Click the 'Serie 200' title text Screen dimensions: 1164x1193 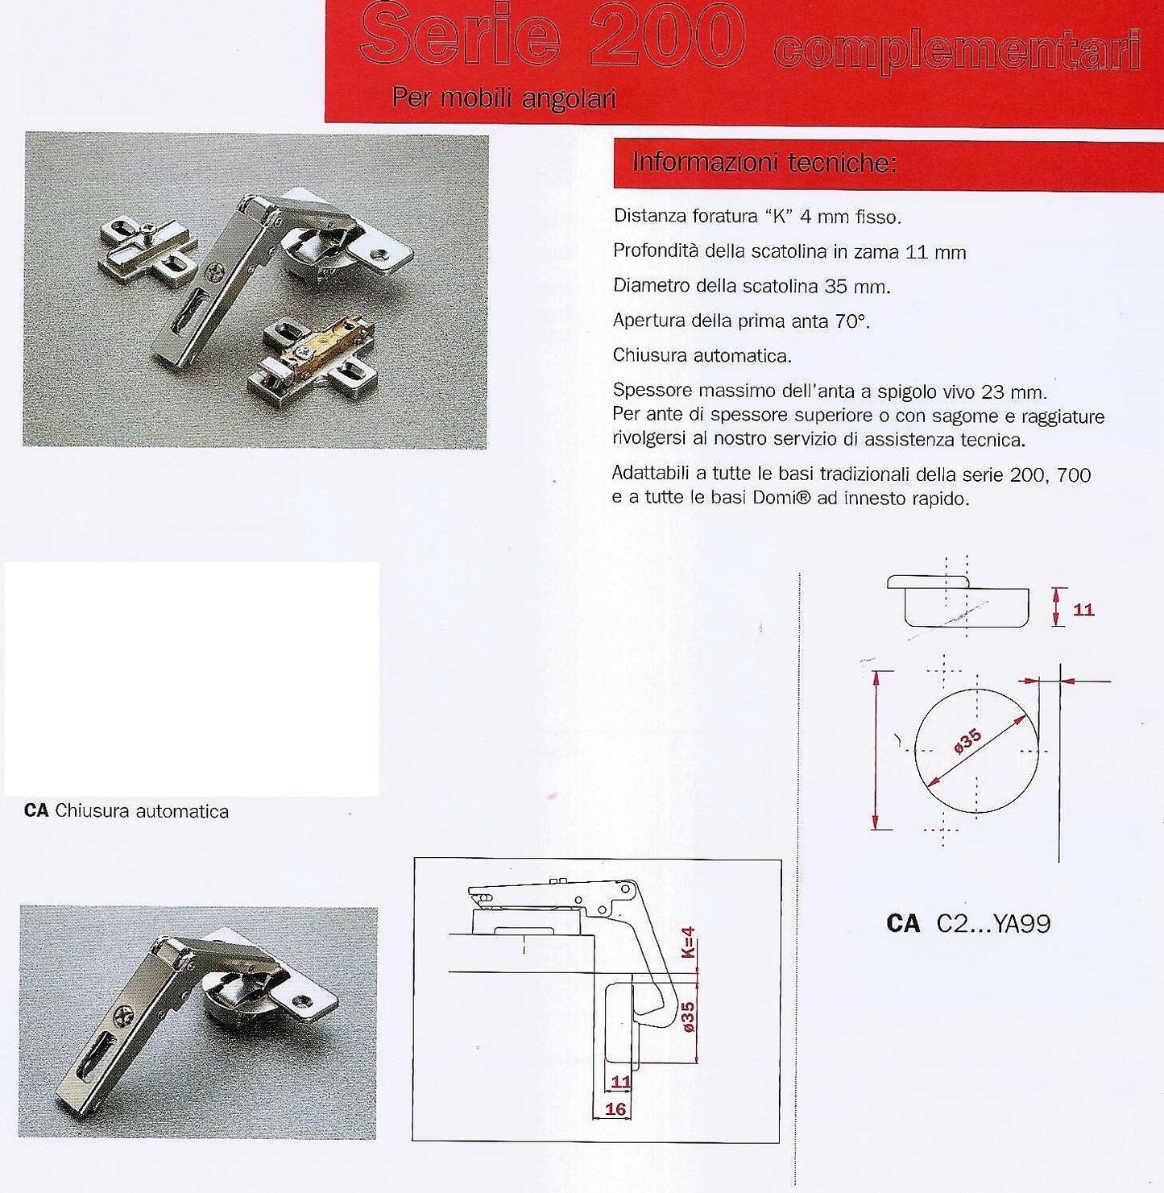click(x=552, y=38)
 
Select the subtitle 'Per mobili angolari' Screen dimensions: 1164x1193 click(x=503, y=99)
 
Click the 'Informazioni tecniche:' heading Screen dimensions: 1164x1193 click(x=764, y=164)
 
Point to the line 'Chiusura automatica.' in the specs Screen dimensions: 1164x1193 click(x=702, y=355)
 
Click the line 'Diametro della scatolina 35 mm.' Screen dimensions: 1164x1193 click(x=752, y=286)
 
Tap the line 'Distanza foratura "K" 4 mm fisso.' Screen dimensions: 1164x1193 click(x=757, y=217)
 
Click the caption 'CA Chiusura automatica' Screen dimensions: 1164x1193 click(x=126, y=811)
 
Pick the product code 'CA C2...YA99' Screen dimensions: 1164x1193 click(x=968, y=923)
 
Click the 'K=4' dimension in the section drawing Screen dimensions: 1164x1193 click(x=689, y=942)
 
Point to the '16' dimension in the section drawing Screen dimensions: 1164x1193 click(x=615, y=1109)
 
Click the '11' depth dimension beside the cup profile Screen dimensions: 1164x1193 click(x=1083, y=609)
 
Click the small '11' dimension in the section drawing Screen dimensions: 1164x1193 click(x=621, y=1082)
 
